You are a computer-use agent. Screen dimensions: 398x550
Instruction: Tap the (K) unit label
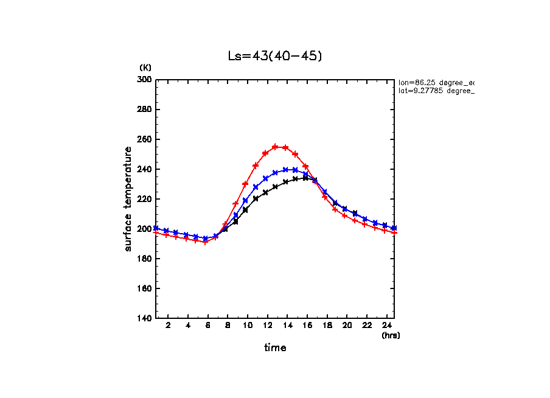(145, 68)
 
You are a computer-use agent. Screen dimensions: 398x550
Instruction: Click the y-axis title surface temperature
(128, 199)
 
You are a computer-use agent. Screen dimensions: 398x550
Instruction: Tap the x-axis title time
(275, 348)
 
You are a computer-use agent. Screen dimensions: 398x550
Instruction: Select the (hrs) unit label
(390, 335)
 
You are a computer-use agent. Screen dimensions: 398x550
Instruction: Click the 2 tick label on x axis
(167, 326)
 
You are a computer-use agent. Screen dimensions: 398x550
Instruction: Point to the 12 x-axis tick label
(267, 326)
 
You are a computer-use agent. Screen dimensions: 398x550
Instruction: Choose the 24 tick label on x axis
(386, 326)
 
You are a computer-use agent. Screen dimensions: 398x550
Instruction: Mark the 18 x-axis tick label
(327, 326)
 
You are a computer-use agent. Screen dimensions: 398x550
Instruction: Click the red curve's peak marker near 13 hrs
(275, 147)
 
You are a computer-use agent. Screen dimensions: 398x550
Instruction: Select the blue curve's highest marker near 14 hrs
(285, 170)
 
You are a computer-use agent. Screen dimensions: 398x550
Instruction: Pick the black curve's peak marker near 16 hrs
(305, 178)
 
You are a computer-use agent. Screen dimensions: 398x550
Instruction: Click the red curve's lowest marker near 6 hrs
(206, 242)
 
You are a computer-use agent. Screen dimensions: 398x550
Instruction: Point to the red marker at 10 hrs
(245, 184)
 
